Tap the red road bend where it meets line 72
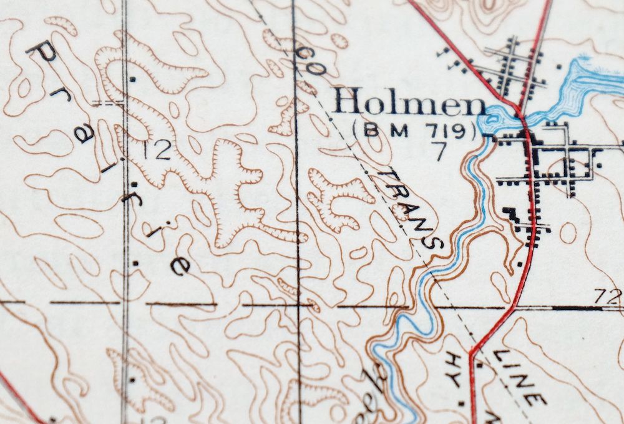[x=513, y=308]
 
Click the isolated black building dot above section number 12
[x=132, y=79]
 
